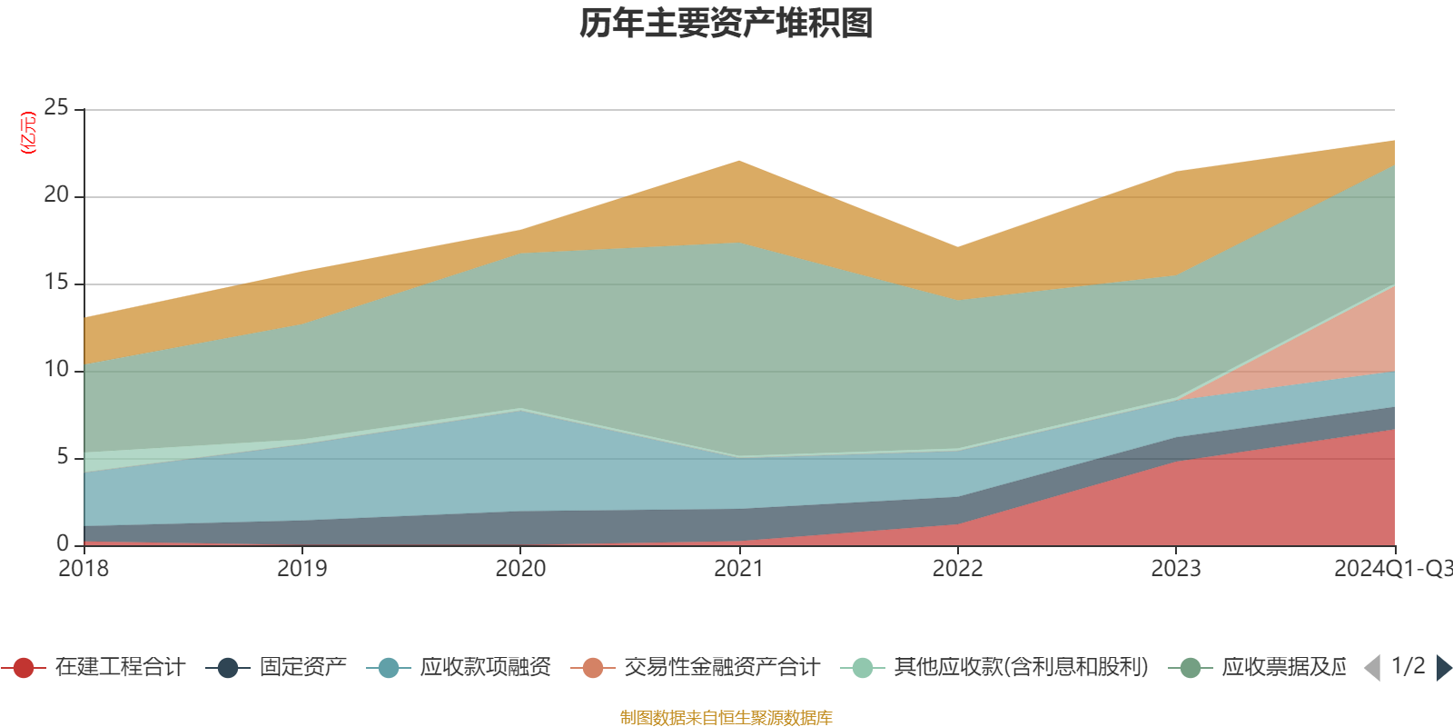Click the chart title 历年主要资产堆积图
[x=726, y=24]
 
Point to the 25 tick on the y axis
[x=56, y=108]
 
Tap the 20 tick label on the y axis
[x=56, y=195]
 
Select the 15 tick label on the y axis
[x=56, y=283]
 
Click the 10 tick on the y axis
[x=56, y=370]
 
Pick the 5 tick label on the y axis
[x=62, y=457]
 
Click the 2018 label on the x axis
[x=84, y=569]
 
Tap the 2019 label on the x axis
[x=301, y=569]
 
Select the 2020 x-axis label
[x=520, y=569]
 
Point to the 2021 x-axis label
[x=738, y=569]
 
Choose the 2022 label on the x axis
[x=957, y=569]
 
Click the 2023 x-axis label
[x=1176, y=569]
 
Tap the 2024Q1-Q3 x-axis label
[x=1391, y=569]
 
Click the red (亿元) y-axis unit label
[x=29, y=133]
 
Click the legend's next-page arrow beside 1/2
[x=1443, y=668]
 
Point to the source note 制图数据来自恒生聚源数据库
[x=726, y=718]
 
